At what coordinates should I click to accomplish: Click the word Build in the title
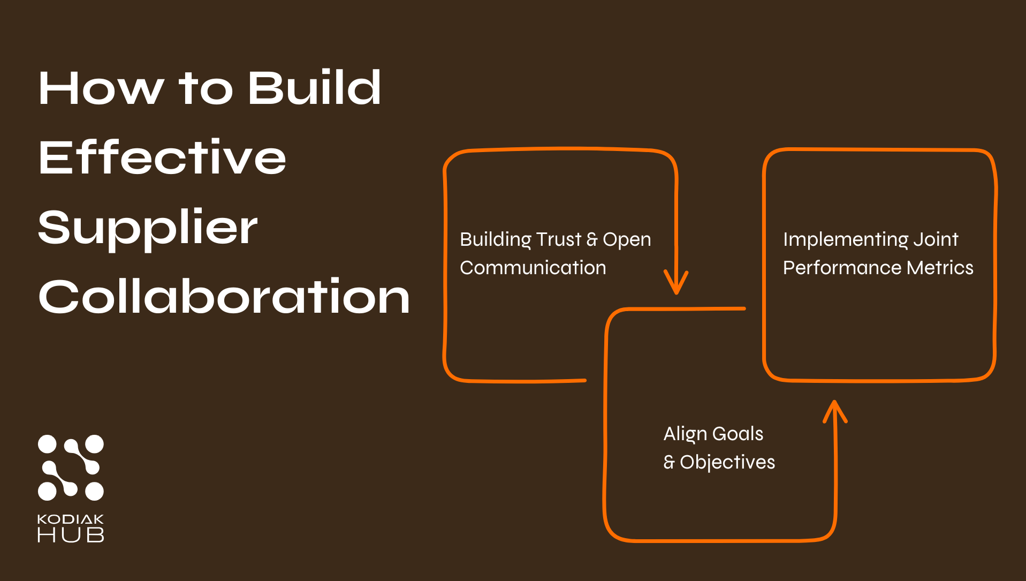point(314,88)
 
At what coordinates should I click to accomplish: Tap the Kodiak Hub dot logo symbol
point(71,467)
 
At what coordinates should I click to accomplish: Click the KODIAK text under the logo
point(71,519)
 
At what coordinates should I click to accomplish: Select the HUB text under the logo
point(71,534)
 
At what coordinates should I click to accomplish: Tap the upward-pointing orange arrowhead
point(834,412)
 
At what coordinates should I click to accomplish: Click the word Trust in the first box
point(558,239)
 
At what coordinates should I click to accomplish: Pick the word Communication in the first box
point(533,268)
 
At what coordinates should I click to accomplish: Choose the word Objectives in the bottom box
point(727,462)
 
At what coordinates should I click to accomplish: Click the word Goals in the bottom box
point(738,434)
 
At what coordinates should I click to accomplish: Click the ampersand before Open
point(591,239)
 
